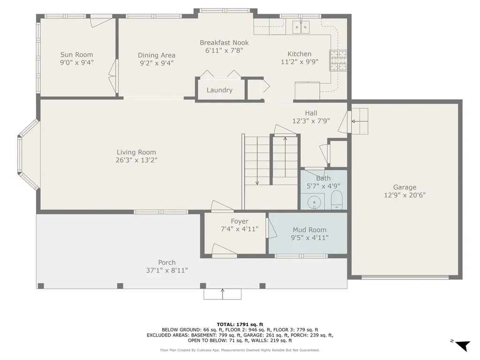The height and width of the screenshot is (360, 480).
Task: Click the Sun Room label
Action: pyautogui.click(x=77, y=54)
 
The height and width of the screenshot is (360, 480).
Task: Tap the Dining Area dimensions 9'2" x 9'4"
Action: pyautogui.click(x=157, y=63)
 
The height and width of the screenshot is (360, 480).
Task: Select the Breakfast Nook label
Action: pyautogui.click(x=224, y=43)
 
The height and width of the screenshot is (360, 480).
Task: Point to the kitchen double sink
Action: pyautogui.click(x=301, y=28)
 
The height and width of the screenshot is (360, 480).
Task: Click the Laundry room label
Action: pyautogui.click(x=219, y=90)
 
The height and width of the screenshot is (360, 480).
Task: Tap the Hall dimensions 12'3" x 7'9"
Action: pyautogui.click(x=311, y=120)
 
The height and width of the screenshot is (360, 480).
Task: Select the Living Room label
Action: pyautogui.click(x=136, y=152)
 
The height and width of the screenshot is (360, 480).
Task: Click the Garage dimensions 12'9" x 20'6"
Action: pyautogui.click(x=405, y=195)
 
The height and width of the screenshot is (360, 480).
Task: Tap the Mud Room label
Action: pyautogui.click(x=309, y=230)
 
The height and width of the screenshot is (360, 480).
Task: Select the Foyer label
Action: pyautogui.click(x=240, y=221)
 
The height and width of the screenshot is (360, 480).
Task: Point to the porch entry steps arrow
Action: pyautogui.click(x=222, y=293)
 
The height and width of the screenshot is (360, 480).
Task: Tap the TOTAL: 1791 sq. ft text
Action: pyautogui.click(x=240, y=324)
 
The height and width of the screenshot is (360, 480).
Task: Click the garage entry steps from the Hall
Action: pyautogui.click(x=360, y=121)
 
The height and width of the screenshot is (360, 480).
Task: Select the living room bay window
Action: pyautogui.click(x=27, y=155)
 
